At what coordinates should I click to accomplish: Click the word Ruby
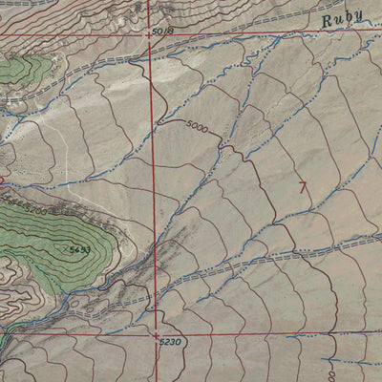click(343, 19)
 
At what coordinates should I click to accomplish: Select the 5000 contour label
click(197, 126)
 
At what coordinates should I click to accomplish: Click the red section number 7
click(304, 188)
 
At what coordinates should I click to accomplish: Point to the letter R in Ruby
click(327, 20)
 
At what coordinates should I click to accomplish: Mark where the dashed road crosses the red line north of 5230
click(156, 304)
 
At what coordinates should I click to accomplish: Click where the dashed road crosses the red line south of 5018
click(153, 59)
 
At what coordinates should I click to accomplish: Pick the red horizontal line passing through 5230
click(267, 333)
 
